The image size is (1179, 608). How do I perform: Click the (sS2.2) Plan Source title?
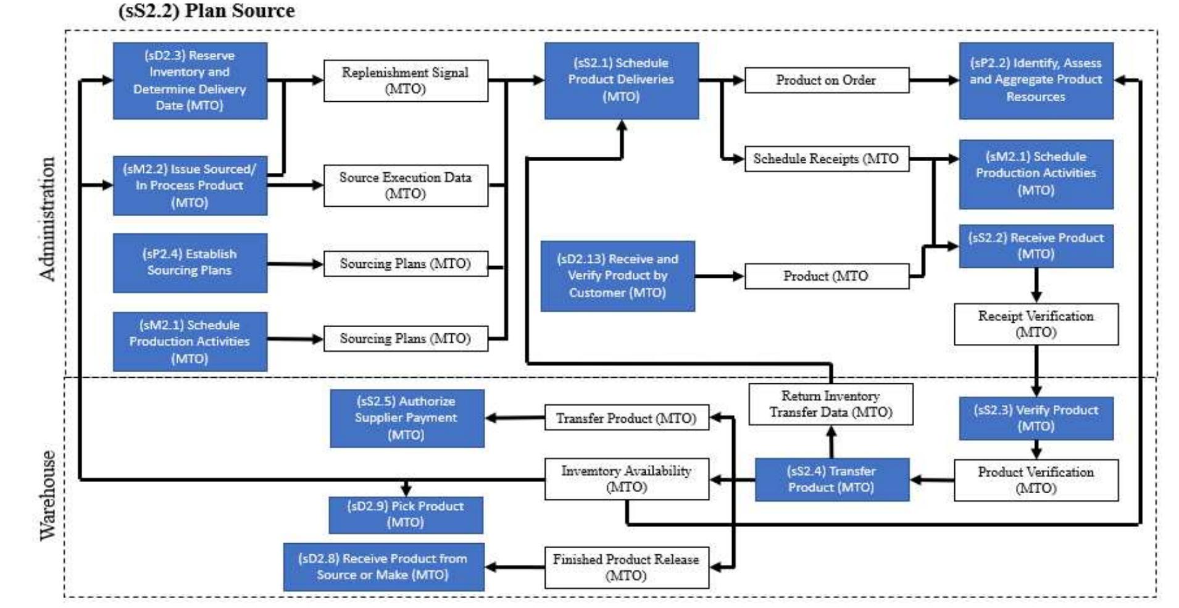[206, 10]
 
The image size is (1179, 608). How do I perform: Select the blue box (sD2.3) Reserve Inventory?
[190, 80]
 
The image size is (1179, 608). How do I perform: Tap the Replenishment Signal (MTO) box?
[406, 80]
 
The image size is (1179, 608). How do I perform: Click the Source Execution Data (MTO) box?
[406, 185]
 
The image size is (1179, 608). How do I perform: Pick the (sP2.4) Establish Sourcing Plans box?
[190, 262]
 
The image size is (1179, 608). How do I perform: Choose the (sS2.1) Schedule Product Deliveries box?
[621, 80]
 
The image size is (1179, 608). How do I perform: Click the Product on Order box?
[826, 80]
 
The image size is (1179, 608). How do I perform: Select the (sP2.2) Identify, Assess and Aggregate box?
[1035, 80]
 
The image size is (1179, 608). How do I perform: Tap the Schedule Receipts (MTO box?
[826, 159]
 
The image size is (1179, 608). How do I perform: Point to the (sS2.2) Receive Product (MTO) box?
[1035, 246]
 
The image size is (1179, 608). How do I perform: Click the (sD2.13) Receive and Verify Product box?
[617, 276]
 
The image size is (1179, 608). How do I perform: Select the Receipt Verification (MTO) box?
[1035, 324]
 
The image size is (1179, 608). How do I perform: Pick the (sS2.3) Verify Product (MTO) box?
[1035, 418]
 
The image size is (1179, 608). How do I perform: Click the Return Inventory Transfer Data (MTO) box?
[830, 404]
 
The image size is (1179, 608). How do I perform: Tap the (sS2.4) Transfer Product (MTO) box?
[831, 479]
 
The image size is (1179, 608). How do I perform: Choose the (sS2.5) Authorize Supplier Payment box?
[406, 418]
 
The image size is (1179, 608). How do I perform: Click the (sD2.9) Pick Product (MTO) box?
[405, 514]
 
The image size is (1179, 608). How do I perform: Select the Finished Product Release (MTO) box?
[626, 567]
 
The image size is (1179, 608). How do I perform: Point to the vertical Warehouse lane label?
[48, 495]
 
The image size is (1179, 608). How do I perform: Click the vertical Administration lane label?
[48, 219]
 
